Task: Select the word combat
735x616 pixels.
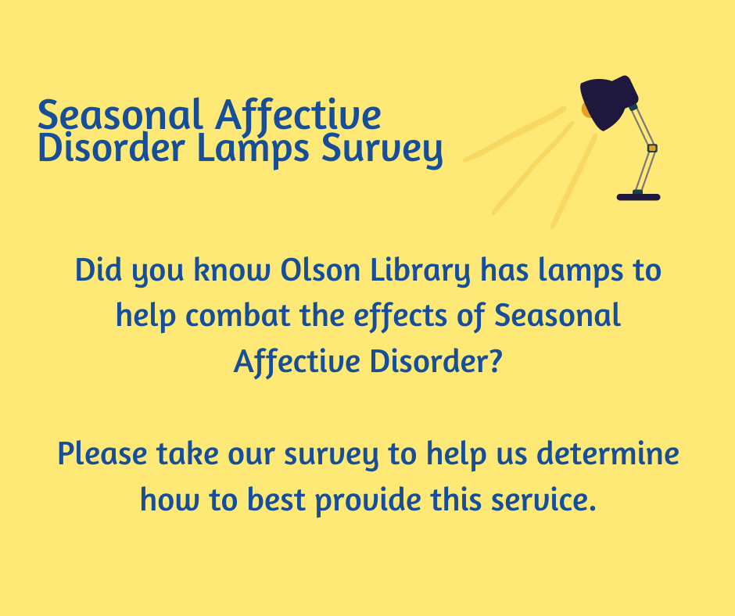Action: (232, 317)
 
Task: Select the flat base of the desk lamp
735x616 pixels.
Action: (638, 197)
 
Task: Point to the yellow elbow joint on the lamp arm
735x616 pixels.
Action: (652, 148)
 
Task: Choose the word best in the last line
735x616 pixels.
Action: (279, 498)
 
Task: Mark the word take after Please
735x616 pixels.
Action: (183, 453)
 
